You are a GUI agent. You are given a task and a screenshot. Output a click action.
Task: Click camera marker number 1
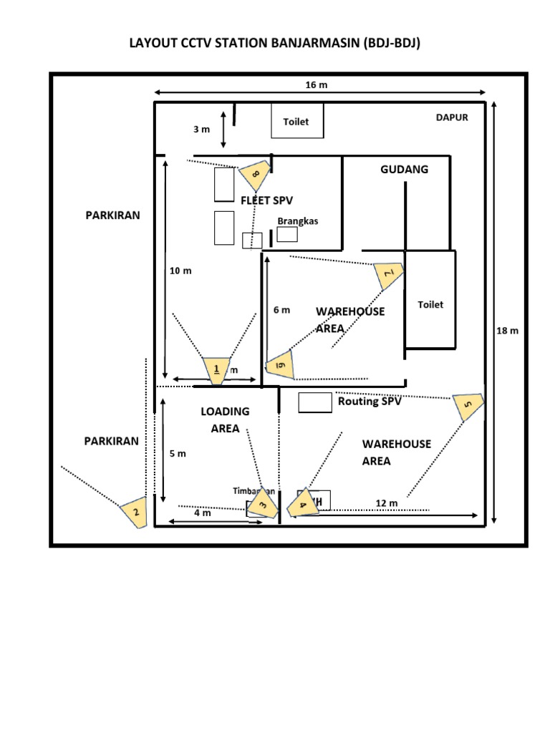216,369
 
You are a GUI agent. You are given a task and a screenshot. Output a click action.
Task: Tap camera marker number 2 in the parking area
134,512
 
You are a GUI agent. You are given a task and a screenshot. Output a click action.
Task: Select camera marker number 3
263,505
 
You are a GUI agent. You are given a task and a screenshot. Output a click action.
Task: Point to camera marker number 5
468,405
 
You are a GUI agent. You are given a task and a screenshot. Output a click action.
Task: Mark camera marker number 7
389,274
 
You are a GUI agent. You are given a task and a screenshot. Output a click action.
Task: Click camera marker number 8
255,172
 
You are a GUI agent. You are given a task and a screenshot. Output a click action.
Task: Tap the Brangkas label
297,221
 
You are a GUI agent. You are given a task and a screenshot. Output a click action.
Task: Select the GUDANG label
404,170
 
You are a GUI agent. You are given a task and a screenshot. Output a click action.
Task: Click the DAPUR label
452,117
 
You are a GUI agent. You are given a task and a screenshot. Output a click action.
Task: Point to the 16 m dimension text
316,84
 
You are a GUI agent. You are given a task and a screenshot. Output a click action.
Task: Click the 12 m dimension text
386,503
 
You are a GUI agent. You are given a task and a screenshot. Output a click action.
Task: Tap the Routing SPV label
370,402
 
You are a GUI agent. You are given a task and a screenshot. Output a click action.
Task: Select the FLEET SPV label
267,200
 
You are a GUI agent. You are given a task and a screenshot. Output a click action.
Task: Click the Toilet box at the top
296,121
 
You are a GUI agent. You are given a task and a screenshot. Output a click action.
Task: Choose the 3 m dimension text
201,130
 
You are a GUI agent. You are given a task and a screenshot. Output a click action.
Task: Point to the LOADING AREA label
225,420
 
